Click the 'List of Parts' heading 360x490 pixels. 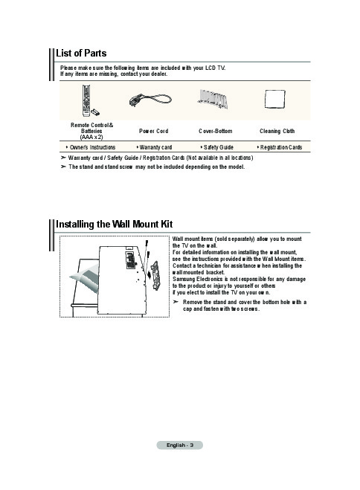[x=81, y=53]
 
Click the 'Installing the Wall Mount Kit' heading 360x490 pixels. [x=114, y=224]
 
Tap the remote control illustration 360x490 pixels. [x=86, y=100]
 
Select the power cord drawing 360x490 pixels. [x=150, y=100]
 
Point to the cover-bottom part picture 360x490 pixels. [x=213, y=100]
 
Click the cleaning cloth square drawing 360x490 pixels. [x=275, y=99]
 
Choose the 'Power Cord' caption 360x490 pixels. [x=153, y=132]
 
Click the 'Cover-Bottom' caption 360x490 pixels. [x=215, y=132]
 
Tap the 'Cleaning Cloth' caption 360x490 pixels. [x=277, y=132]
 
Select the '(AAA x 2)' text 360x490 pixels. [x=91, y=138]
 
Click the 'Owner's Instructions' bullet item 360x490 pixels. [x=91, y=147]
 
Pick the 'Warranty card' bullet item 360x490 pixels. [x=155, y=147]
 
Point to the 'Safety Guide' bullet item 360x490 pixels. [x=217, y=147]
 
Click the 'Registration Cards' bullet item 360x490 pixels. [x=280, y=147]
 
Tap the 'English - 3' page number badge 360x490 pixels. [x=180, y=445]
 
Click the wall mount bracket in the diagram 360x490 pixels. [x=155, y=276]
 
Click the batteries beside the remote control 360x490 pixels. [x=96, y=112]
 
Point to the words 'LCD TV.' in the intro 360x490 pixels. [x=215, y=68]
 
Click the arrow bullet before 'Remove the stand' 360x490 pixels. [x=176, y=302]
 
